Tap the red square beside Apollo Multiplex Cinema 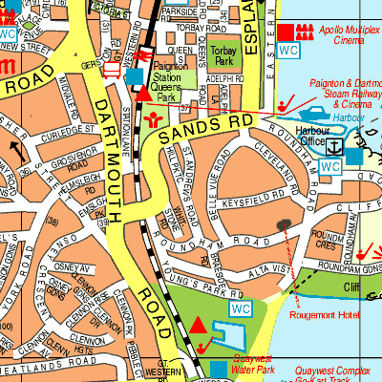287,31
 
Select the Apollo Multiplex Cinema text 347,36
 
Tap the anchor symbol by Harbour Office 335,147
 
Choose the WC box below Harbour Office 330,167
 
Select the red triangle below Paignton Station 143,93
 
